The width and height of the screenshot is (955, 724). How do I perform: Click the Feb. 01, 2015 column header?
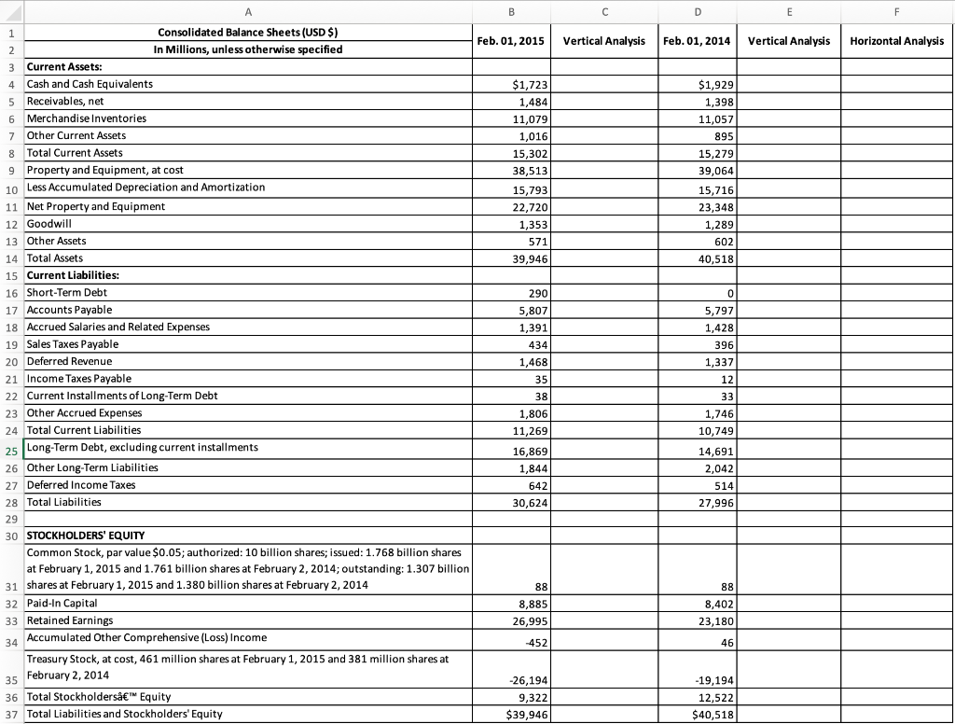click(x=510, y=41)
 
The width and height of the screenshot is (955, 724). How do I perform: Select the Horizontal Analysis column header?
click(x=896, y=41)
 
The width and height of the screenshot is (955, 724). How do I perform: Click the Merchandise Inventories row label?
click(x=87, y=118)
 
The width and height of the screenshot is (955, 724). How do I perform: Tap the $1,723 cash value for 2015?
click(x=529, y=85)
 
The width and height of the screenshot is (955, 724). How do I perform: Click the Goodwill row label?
click(x=49, y=224)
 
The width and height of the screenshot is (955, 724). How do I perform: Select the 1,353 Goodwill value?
click(x=532, y=225)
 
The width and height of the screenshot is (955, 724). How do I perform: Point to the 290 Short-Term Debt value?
click(x=534, y=294)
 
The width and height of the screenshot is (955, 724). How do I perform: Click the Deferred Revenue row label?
click(x=70, y=361)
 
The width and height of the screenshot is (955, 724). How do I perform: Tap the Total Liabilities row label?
click(x=64, y=502)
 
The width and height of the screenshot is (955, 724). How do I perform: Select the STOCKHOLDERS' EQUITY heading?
click(x=86, y=536)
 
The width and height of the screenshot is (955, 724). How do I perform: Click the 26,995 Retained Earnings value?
click(x=529, y=621)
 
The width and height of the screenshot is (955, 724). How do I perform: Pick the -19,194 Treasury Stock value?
click(x=712, y=681)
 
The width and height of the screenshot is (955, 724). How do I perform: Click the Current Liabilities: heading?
click(x=73, y=275)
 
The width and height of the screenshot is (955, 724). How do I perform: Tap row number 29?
click(x=11, y=518)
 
